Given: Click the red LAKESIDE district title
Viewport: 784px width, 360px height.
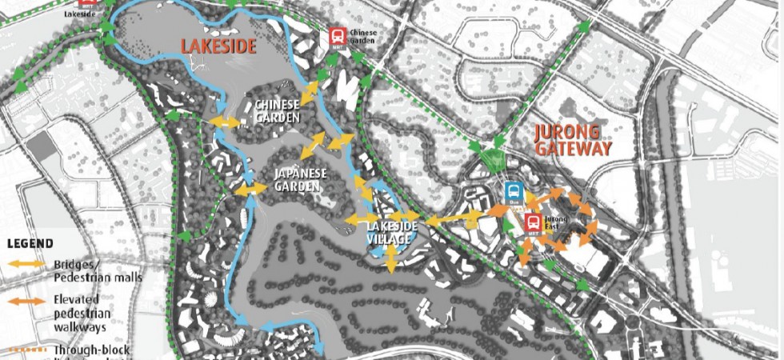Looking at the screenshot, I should coord(218,46).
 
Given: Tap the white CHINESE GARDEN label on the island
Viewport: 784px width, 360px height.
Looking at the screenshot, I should coord(277,111).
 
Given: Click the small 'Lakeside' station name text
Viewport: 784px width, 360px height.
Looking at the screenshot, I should coord(86,13).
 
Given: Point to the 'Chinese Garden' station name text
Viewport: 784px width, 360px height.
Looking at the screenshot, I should coord(361,37).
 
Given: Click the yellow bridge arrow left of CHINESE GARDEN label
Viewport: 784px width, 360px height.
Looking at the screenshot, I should coord(225,122).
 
